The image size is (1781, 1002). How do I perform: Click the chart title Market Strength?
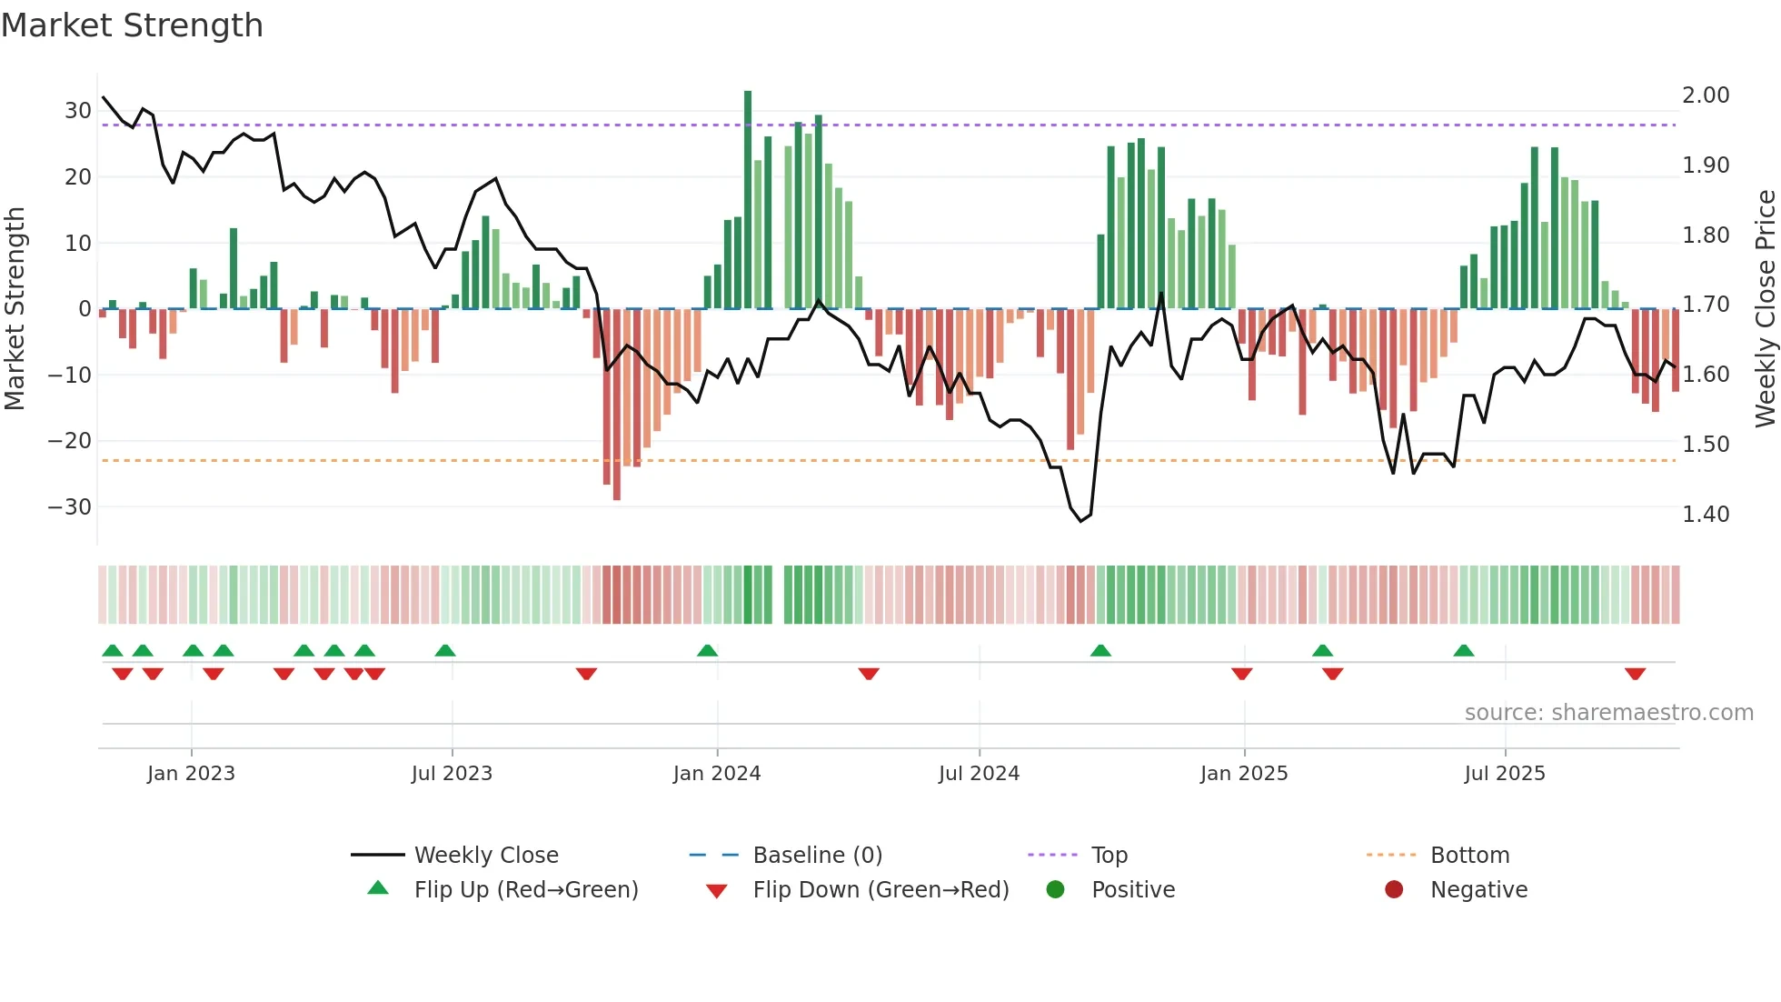[x=133, y=25]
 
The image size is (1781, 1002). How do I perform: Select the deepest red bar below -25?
[x=617, y=405]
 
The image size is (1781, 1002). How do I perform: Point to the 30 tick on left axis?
[x=78, y=111]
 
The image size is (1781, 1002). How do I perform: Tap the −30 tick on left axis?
[x=71, y=507]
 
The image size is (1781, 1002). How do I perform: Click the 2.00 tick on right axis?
[x=1706, y=95]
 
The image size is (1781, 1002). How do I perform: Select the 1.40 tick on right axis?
[x=1706, y=515]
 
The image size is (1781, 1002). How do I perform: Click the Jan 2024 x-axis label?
[x=717, y=774]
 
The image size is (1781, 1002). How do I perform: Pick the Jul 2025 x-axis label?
[x=1505, y=774]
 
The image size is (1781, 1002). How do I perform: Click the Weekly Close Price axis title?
[x=1765, y=309]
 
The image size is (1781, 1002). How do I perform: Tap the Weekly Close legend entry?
[x=486, y=856]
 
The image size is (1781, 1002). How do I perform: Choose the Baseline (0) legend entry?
[x=817, y=856]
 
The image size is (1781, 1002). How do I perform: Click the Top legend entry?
[x=1109, y=856]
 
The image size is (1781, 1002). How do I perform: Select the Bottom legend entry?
[x=1469, y=856]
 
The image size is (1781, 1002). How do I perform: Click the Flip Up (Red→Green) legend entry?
[x=526, y=890]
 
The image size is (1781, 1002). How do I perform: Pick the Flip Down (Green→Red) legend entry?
[x=881, y=890]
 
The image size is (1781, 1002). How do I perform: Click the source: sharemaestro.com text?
[x=1608, y=713]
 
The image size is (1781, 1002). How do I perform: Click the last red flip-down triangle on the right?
[x=1636, y=674]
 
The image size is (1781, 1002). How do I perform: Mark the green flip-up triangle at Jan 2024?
[x=708, y=650]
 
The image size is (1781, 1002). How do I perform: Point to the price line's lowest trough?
[x=1081, y=520]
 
